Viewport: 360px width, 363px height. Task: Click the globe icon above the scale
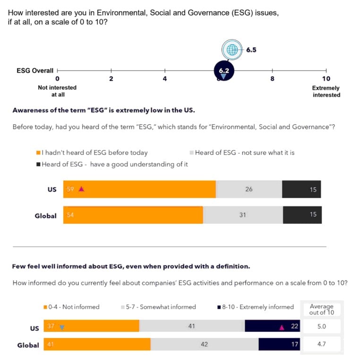point(231,49)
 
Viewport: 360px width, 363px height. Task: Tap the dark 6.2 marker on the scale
point(223,70)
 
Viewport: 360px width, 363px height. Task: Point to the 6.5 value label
point(251,49)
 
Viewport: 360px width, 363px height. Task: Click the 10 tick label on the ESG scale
point(326,79)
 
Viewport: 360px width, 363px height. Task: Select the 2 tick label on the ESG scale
point(111,79)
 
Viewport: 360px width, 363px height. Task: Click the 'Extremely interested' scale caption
point(326,92)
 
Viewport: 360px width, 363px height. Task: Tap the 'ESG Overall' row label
point(35,70)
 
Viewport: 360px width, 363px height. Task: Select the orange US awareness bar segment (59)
point(139,189)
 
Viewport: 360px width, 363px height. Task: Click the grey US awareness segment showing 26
point(249,189)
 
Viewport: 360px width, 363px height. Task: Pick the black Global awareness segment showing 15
point(302,215)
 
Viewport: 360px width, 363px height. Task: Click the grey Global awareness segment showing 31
point(243,215)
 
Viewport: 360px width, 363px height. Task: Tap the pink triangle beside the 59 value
point(81,189)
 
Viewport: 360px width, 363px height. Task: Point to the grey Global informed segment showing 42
point(204,345)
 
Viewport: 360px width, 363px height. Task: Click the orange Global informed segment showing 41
point(97,345)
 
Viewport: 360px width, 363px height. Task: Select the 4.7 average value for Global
point(322,345)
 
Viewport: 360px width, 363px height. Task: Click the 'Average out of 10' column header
point(322,309)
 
